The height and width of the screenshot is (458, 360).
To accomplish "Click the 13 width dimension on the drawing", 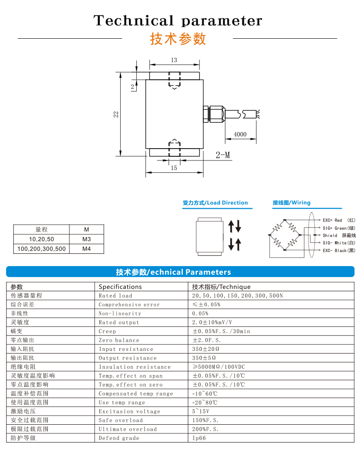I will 174,60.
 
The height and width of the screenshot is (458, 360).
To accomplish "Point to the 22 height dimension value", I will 116,114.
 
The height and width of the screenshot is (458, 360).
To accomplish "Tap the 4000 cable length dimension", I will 240,134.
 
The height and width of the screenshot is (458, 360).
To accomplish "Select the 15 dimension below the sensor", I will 174,168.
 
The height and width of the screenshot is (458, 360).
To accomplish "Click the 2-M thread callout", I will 223,155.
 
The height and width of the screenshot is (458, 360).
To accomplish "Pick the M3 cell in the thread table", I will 87,239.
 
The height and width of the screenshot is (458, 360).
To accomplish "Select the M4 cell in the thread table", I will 87,249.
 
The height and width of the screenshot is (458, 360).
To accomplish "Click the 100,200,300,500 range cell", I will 41,249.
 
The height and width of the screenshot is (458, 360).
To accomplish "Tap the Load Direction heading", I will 216,203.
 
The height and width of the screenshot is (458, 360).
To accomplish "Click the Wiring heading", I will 292,203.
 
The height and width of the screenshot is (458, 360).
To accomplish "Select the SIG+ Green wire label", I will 339,228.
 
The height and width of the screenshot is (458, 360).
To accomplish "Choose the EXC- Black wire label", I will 339,251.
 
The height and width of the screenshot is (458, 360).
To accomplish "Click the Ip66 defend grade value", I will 199,438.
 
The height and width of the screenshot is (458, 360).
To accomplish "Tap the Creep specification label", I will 108,331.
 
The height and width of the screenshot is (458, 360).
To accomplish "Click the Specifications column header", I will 120,287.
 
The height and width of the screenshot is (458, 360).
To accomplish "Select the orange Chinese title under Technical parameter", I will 178,39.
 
